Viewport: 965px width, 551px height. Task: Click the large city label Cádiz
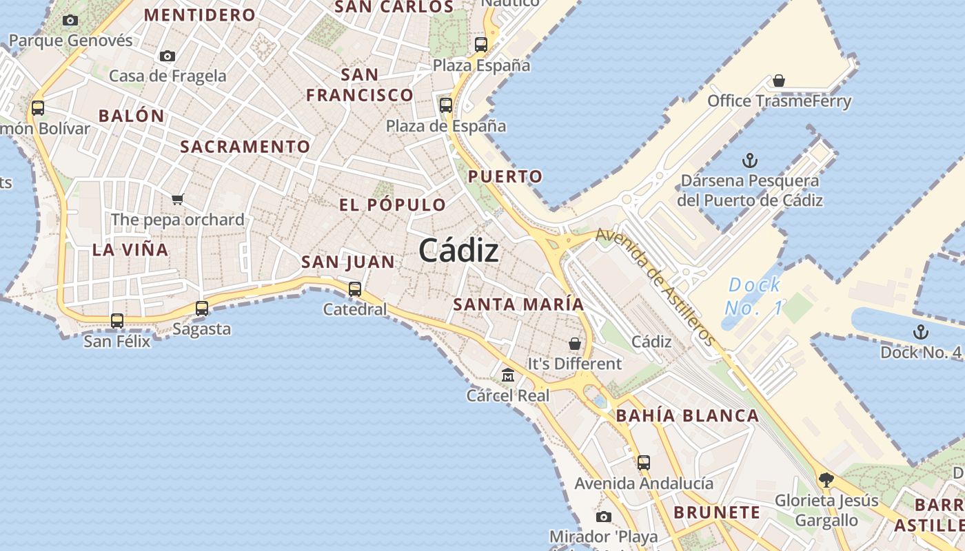[x=458, y=250]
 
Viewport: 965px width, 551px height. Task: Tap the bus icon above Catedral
[x=355, y=289]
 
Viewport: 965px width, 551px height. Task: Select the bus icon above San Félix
[x=117, y=320]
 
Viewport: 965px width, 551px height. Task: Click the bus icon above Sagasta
[x=202, y=309]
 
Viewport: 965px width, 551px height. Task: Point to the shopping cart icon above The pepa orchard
[x=178, y=200]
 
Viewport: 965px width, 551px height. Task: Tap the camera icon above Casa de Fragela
[x=167, y=56]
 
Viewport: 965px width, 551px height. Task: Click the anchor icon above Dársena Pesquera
[x=749, y=161]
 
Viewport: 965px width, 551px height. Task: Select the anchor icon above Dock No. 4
[x=920, y=333]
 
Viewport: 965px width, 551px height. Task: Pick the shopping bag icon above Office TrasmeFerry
[x=779, y=81]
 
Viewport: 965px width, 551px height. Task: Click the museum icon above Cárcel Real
[x=508, y=375]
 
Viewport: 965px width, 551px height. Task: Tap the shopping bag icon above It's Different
[x=575, y=343]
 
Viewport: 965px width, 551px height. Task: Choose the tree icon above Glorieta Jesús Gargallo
[x=826, y=480]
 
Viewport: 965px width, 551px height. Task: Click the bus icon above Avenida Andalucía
[x=643, y=463]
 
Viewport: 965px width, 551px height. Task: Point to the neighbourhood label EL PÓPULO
[x=393, y=205]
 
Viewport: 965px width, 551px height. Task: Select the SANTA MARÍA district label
[x=518, y=304]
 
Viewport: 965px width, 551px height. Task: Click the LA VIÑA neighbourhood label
[x=130, y=250]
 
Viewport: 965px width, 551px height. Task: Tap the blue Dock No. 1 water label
[x=754, y=295]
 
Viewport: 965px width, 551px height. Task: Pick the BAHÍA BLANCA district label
[x=687, y=416]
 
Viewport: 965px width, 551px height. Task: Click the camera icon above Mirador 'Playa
[x=604, y=517]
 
